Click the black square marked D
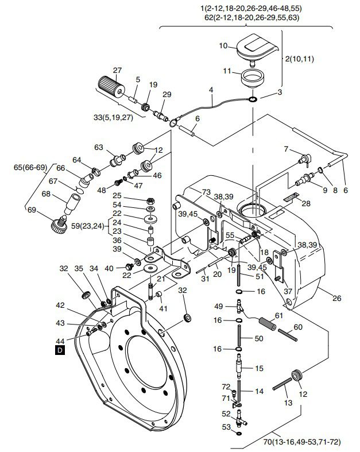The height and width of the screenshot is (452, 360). pos(60,350)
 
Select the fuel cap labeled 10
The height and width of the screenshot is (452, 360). pos(257,48)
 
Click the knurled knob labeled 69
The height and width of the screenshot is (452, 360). pos(60,224)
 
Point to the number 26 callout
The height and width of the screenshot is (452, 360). pos(336,298)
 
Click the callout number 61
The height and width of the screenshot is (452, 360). pos(279,316)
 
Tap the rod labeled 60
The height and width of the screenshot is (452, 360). pos(287,335)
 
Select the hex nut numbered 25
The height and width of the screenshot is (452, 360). pos(150,200)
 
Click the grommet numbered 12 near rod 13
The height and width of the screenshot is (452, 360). pos(297,376)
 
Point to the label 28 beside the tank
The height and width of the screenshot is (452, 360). pos(306,203)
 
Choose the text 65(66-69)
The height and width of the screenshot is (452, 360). pos(30,168)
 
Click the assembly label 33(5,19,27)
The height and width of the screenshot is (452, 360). pos(113,118)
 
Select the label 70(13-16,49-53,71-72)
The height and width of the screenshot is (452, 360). pos(302,442)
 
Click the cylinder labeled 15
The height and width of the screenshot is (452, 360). pos(239,365)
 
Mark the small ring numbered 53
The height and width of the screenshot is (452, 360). pos(239,433)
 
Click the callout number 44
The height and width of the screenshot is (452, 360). pos(60,341)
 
